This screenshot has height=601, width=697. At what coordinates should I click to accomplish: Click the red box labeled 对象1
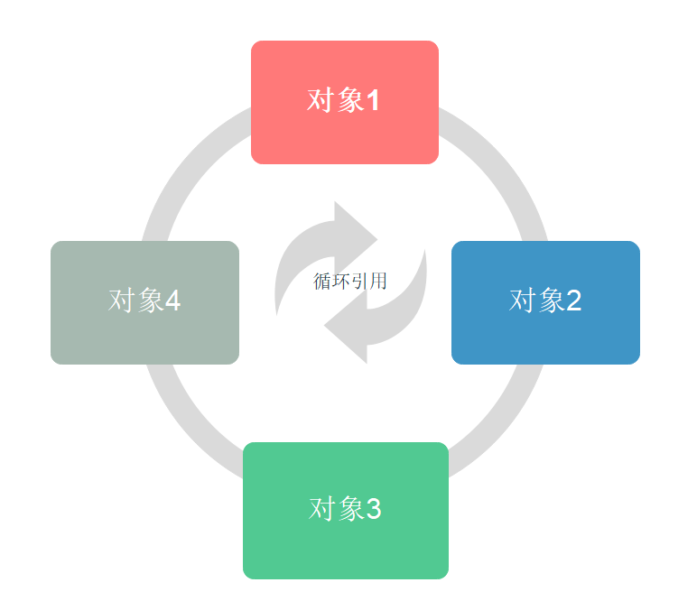[x=344, y=102]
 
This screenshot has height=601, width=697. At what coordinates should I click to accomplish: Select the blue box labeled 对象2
[x=545, y=302]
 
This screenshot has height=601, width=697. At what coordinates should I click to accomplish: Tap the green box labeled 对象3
[x=345, y=510]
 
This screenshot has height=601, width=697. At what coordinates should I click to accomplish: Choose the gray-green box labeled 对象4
[x=144, y=302]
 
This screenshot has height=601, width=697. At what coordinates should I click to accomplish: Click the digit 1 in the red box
[x=372, y=101]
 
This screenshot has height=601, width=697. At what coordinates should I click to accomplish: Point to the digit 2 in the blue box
[x=573, y=301]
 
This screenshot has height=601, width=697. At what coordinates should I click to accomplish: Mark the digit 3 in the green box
[x=373, y=510]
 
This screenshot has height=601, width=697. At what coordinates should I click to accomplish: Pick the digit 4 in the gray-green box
[x=172, y=301]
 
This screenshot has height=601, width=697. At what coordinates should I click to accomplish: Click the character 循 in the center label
[x=322, y=282]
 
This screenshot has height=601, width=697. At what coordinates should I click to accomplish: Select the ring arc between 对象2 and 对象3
[x=506, y=424]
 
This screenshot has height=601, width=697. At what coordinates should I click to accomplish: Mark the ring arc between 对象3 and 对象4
[x=185, y=424]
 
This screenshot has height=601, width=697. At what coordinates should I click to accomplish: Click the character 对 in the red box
[x=321, y=101]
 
